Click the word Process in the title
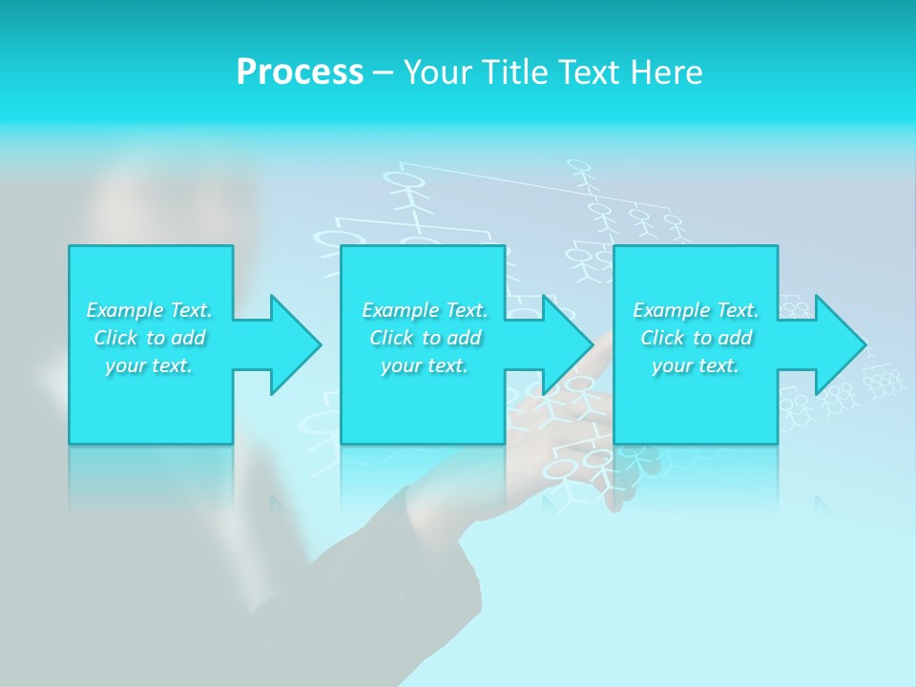pos(300,73)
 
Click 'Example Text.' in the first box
pos(149,310)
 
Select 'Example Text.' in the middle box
pos(425,310)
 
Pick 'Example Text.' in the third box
pos(696,310)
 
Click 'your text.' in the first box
pos(149,365)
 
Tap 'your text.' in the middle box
pos(425,365)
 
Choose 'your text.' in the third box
pos(696,365)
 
